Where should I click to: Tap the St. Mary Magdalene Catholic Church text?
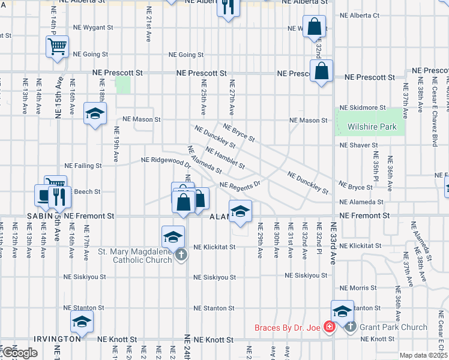[135, 255]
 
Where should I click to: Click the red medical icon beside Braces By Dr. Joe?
[329, 328]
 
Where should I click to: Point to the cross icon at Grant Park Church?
[351, 327]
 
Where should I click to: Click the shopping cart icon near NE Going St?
[57, 46]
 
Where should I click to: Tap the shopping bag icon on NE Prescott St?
[322, 71]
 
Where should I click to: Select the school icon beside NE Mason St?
[95, 113]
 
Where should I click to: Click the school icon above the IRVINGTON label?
[82, 321]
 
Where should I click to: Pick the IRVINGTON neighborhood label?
[57, 339]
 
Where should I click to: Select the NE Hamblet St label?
[225, 158]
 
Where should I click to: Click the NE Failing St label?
[83, 165]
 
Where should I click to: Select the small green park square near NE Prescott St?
[123, 85]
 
